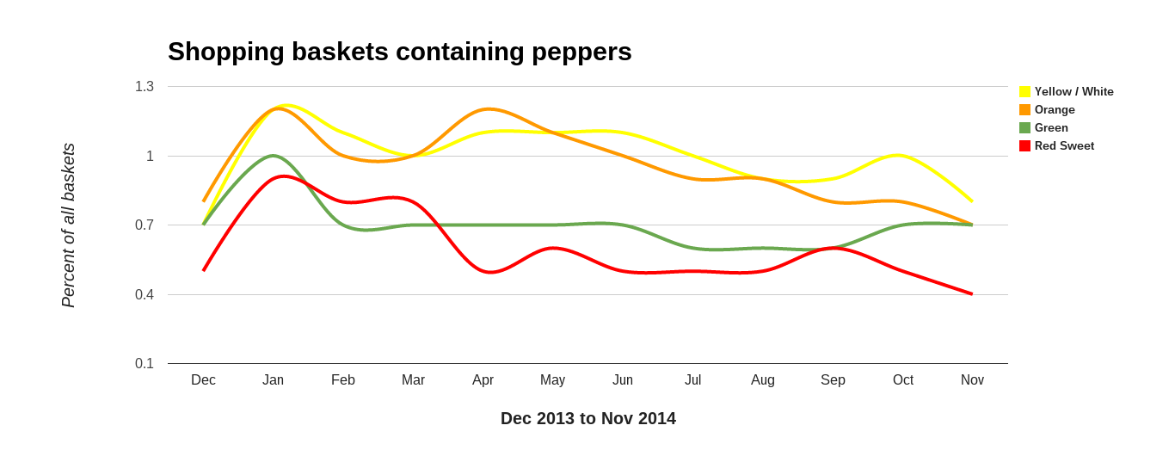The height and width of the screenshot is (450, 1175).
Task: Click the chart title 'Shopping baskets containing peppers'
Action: [399, 52]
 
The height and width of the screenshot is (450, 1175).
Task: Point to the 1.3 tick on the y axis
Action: [145, 87]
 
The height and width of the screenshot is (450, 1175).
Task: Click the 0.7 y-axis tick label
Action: [145, 225]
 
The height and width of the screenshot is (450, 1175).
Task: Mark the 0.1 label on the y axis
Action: [145, 364]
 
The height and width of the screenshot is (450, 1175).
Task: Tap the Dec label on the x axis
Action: [203, 380]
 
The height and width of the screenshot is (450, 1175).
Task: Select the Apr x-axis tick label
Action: [483, 380]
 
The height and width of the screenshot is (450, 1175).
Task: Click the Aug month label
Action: [762, 380]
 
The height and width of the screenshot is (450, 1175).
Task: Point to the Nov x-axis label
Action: [972, 380]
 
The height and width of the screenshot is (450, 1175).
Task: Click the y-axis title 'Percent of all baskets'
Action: [69, 225]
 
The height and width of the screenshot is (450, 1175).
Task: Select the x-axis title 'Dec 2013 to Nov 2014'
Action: [588, 418]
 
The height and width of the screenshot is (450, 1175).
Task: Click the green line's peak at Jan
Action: [274, 156]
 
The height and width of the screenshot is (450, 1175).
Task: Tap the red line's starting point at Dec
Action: [204, 270]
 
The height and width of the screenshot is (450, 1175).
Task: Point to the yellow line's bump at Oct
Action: [898, 155]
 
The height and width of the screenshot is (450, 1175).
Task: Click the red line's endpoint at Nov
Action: [972, 294]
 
